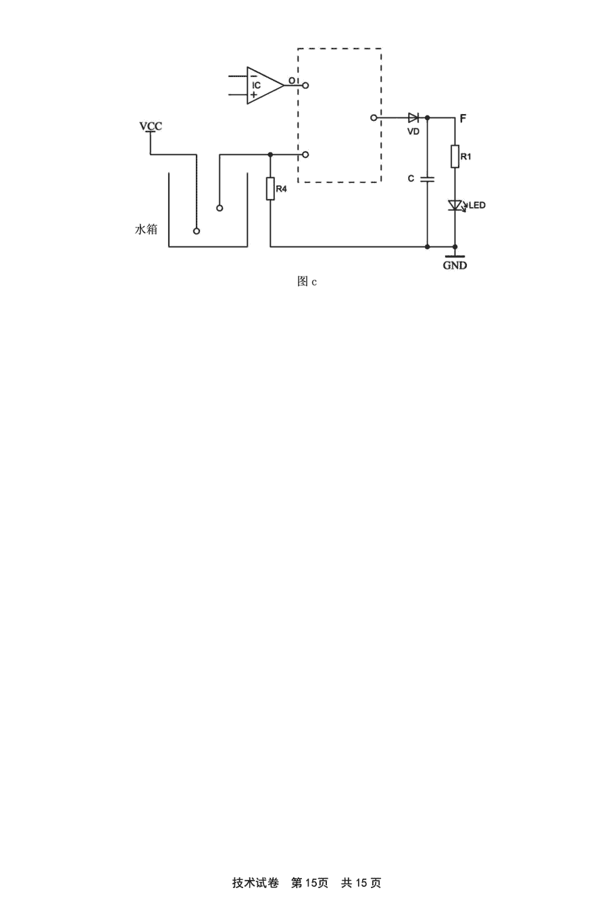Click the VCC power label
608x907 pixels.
(151, 126)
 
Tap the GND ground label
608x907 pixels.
(455, 266)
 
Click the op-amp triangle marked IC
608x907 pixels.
(265, 86)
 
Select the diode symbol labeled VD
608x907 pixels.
(413, 118)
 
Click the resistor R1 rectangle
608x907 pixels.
(455, 156)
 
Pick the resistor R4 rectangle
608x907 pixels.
(270, 189)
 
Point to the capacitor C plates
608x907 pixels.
(427, 179)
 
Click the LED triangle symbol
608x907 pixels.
(455, 205)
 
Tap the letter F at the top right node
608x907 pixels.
(463, 118)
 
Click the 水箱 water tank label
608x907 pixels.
(146, 229)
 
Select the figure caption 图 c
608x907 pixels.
(307, 281)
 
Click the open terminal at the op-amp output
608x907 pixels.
(305, 86)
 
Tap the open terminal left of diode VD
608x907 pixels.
(374, 118)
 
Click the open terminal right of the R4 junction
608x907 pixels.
(305, 155)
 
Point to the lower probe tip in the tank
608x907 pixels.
(197, 231)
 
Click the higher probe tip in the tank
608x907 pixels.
(220, 208)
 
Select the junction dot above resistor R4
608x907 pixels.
(270, 155)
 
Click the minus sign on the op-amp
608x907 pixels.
(253, 76)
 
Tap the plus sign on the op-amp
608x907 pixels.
(253, 94)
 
